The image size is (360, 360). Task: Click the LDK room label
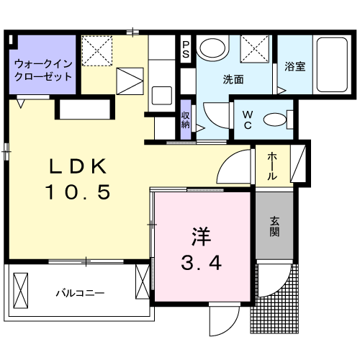click(78, 166)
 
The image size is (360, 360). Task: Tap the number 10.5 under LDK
click(78, 192)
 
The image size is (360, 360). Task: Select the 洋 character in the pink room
click(201, 236)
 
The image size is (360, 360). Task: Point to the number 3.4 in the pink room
click(201, 263)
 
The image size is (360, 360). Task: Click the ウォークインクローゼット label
click(43, 71)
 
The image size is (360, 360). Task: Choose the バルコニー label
click(80, 293)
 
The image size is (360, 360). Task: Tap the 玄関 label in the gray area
click(274, 226)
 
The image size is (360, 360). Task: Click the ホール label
click(272, 166)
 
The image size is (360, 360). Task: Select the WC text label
click(248, 120)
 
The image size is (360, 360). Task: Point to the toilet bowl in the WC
click(275, 120)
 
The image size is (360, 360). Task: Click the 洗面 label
click(233, 79)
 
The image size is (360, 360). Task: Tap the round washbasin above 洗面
click(212, 48)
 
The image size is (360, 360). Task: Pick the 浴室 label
click(295, 66)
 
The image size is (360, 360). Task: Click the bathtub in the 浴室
click(332, 65)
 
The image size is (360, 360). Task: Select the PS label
click(186, 49)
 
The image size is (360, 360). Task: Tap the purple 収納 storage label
click(186, 120)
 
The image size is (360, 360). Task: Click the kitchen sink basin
click(162, 96)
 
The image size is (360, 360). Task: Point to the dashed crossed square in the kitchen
click(97, 50)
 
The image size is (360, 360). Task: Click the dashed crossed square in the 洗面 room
click(254, 49)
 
